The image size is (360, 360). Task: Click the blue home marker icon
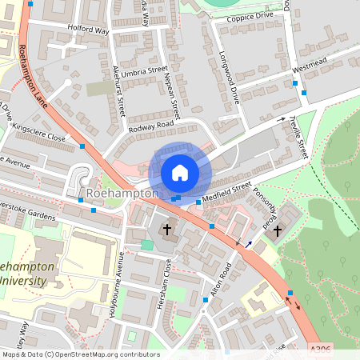(179, 172)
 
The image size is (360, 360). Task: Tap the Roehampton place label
(122, 194)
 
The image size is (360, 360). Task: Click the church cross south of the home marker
(168, 230)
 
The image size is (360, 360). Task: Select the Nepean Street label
(170, 90)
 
